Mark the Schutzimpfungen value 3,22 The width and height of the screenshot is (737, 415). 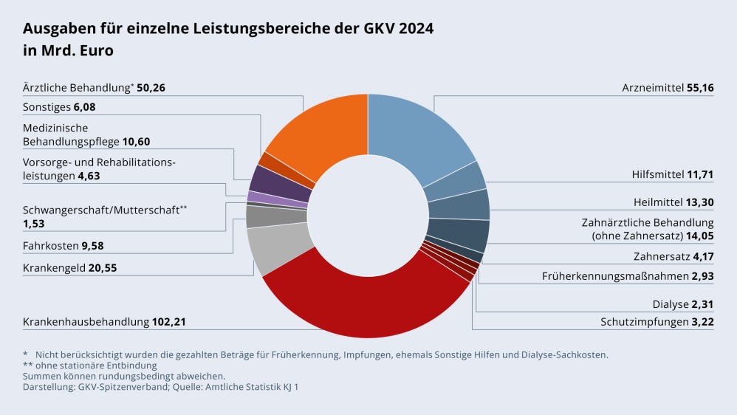(x=701, y=322)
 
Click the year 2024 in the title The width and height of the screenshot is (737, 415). (x=416, y=29)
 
